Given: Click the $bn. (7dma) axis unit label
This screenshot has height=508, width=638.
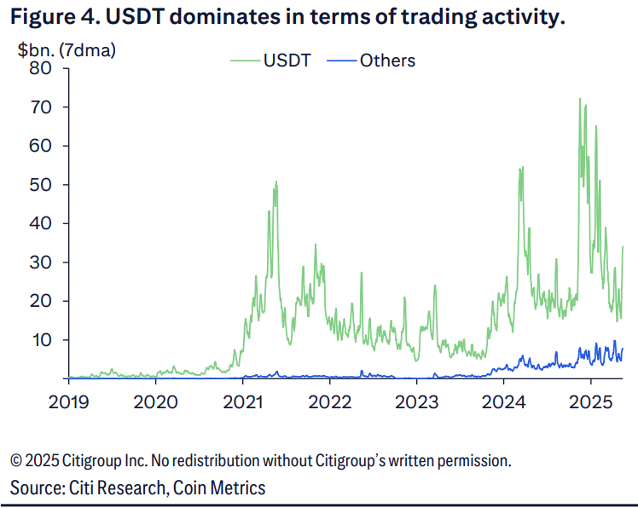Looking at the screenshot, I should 67,49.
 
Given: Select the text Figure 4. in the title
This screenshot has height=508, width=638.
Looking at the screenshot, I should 48,17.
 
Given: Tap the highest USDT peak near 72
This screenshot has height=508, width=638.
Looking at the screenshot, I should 580,99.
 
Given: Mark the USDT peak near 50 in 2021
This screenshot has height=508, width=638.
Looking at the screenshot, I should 276,182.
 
